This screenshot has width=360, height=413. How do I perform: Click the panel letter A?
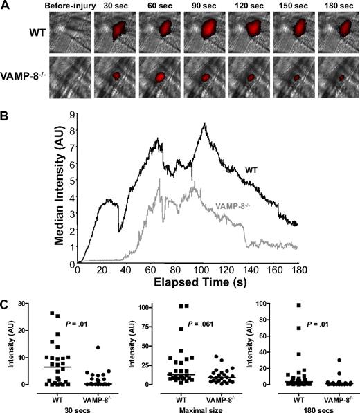point(6,6)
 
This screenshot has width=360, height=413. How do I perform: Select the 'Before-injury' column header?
point(67,6)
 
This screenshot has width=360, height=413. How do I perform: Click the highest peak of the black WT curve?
point(205,124)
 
